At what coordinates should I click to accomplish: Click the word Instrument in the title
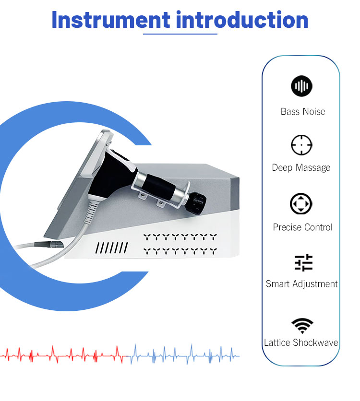pyautogui.click(x=111, y=20)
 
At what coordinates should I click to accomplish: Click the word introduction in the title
pyautogui.click(x=242, y=20)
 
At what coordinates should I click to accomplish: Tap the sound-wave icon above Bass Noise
pyautogui.click(x=301, y=86)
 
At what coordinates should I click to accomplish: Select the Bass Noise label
pyautogui.click(x=303, y=111)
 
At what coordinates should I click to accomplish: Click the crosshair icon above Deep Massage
pyautogui.click(x=301, y=145)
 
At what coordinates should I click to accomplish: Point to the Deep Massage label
pyautogui.click(x=301, y=168)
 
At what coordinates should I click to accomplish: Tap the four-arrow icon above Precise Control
pyautogui.click(x=301, y=204)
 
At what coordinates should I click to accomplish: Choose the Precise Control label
pyautogui.click(x=303, y=227)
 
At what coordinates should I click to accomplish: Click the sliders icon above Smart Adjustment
pyautogui.click(x=303, y=263)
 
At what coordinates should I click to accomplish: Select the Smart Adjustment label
pyautogui.click(x=301, y=284)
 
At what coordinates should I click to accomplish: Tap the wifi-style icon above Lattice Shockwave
pyautogui.click(x=302, y=326)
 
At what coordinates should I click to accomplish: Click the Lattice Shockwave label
pyautogui.click(x=301, y=342)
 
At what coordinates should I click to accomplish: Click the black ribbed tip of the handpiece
pyautogui.click(x=198, y=203)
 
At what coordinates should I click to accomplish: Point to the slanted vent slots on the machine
pyautogui.click(x=111, y=248)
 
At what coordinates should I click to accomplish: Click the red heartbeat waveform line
pyautogui.click(x=64, y=354)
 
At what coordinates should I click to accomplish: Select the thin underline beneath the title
pyautogui.click(x=180, y=34)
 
